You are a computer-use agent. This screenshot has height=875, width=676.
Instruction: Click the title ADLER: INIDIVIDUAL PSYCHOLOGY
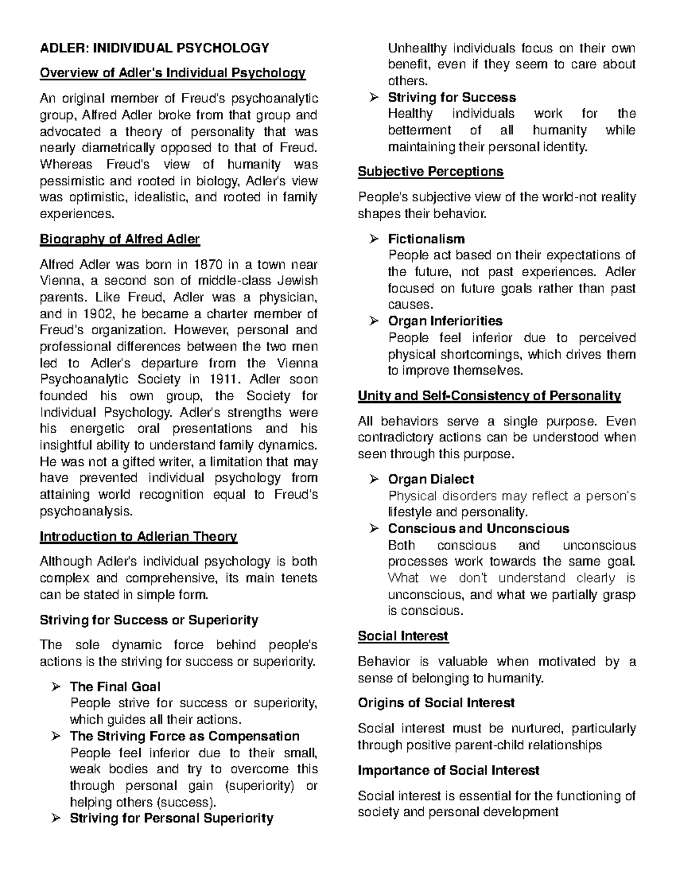pos(154,48)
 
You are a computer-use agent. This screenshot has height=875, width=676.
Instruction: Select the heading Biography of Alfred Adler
pos(119,239)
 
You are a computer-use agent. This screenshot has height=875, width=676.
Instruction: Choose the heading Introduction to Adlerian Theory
pos(138,536)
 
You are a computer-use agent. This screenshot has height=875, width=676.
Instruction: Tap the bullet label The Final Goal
pos(115,687)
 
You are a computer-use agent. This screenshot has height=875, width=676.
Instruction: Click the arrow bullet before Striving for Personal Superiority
pos(55,819)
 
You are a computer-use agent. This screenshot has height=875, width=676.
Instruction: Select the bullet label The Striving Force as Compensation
pos(184,736)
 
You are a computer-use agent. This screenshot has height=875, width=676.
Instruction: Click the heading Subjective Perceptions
pos(430,171)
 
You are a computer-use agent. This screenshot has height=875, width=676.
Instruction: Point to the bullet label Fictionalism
pos(426,239)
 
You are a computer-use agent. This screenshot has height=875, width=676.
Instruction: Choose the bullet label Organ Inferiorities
pos(445,321)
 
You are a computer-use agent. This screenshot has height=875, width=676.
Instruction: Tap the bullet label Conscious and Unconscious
pos(478,528)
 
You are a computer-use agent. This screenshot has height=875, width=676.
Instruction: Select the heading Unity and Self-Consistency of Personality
pos(489,396)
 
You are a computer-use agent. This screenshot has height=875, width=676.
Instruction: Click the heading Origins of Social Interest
pos(436,703)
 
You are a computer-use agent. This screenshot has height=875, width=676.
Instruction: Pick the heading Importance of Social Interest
pos(448,770)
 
